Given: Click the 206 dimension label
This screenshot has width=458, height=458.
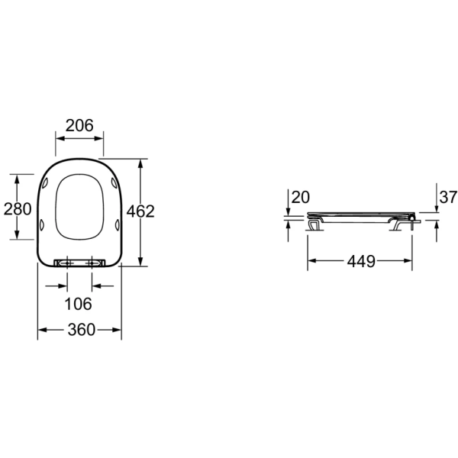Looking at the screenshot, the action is pos(79,126).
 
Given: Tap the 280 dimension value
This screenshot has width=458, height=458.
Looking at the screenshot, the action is pos(18,209).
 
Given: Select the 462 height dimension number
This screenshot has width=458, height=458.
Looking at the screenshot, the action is pos(140,211).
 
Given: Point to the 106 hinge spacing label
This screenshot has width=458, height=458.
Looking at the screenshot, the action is pos(78,304).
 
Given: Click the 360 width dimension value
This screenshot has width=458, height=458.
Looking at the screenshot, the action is pos(82,330).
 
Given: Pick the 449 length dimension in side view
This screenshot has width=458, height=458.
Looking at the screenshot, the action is pos(361,261).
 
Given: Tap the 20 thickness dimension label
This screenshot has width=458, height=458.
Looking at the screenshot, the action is pos(301,198).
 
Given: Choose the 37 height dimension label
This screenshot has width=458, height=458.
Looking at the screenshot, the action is pos(448,197).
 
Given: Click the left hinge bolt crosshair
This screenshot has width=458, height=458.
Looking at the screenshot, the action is pos(67,263).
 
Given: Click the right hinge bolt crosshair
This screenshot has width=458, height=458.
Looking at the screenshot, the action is pos(92,263).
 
